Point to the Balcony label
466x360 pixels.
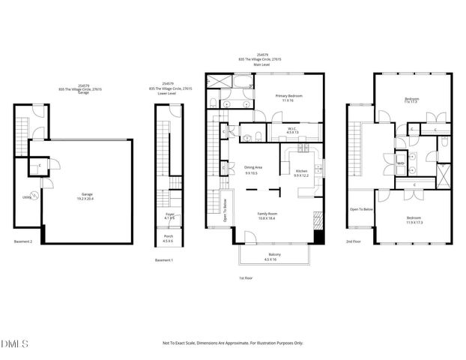(x=275, y=256)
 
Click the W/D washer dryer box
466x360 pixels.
(x=400, y=162)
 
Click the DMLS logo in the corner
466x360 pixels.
(x=15, y=344)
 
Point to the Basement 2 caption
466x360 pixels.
(x=23, y=241)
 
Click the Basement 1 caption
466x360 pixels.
(x=163, y=260)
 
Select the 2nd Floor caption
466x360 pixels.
(x=354, y=241)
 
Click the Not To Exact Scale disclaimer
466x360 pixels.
(x=233, y=343)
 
